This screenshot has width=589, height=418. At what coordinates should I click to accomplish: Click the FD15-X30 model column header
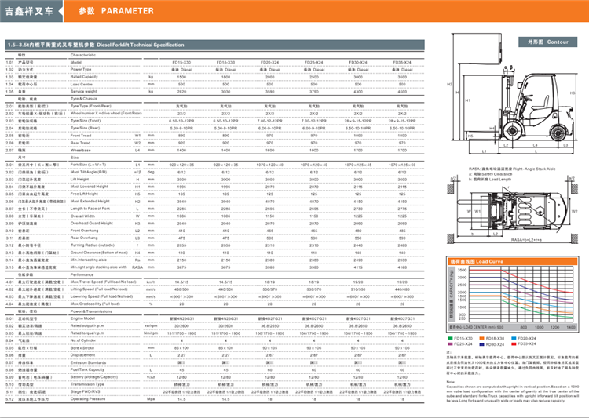point(181,62)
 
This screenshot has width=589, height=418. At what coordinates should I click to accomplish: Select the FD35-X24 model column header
point(402,62)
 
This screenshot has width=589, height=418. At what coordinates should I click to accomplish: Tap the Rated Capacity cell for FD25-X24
point(314,76)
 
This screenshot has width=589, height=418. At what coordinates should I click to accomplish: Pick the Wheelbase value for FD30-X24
point(358,149)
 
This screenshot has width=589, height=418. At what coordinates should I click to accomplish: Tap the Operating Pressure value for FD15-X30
point(181,398)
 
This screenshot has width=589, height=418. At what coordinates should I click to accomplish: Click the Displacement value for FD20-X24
point(269,354)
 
